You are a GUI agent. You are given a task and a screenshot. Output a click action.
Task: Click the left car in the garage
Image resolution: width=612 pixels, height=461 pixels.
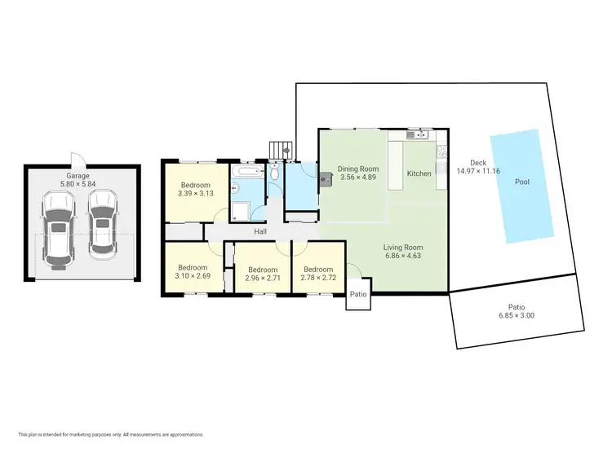57,229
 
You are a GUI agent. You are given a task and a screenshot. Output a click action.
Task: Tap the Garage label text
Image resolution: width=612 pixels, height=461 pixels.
78,176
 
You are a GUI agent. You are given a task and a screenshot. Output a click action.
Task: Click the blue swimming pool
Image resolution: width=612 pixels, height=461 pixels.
521,185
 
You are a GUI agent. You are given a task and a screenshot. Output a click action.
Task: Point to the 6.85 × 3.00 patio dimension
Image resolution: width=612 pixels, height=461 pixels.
517,315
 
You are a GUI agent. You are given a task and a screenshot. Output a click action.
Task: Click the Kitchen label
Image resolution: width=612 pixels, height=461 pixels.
419,173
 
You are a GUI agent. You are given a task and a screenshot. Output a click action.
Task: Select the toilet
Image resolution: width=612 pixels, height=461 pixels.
275,173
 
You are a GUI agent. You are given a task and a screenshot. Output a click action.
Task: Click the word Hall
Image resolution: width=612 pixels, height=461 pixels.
260,232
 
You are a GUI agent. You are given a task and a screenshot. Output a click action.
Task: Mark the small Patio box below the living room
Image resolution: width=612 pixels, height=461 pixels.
359,295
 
